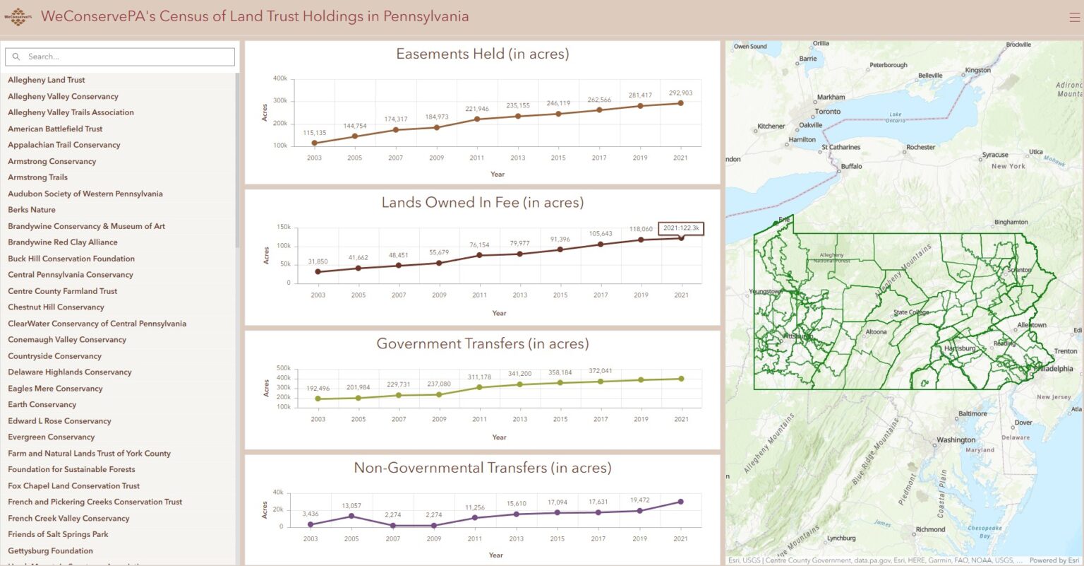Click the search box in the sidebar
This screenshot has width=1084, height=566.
[120, 57]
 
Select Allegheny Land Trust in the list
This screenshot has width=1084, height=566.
[47, 80]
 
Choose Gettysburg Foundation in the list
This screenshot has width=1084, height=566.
[50, 551]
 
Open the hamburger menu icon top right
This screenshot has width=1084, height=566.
[1074, 17]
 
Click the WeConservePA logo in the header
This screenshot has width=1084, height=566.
[18, 17]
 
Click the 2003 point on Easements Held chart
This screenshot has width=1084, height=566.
[314, 143]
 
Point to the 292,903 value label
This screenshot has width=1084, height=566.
[680, 93]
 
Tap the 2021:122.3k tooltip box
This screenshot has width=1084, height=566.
[681, 228]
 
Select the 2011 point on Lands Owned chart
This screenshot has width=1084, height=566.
[480, 255]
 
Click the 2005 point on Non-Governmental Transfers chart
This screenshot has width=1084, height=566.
[351, 516]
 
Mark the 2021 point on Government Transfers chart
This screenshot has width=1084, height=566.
[681, 379]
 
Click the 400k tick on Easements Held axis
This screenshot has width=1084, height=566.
[280, 78]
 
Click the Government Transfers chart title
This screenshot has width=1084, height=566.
[482, 344]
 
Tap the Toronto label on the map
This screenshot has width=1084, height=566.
[827, 112]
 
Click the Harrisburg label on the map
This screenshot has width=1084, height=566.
[960, 348]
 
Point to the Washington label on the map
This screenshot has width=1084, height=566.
[956, 440]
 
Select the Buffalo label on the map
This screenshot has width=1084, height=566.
[851, 167]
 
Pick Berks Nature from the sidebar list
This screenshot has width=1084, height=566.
[32, 210]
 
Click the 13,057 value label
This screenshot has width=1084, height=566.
[351, 506]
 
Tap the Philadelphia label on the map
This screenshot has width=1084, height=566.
[1054, 369]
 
